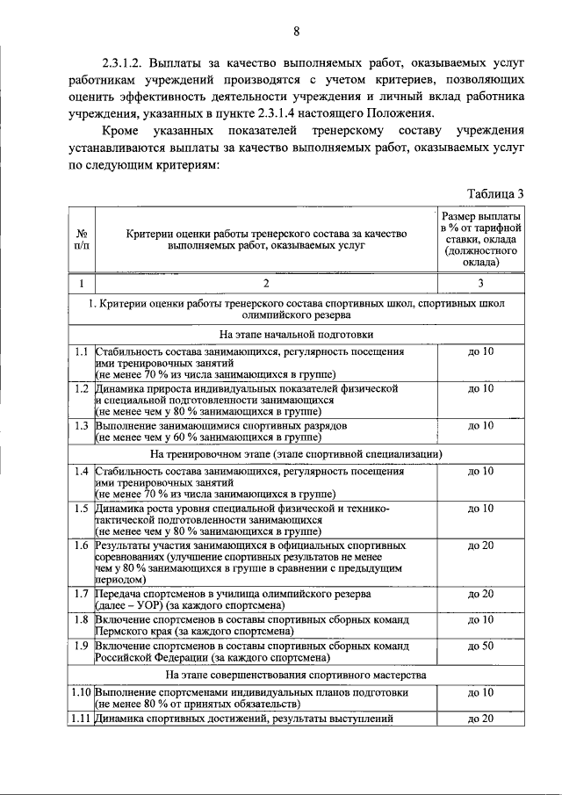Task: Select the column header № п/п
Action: [x=81, y=241]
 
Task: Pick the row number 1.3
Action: [x=81, y=425]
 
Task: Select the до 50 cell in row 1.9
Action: [x=480, y=647]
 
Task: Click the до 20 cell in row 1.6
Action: [x=480, y=546]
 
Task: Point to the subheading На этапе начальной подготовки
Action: [x=271, y=334]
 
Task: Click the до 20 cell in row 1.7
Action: [x=480, y=595]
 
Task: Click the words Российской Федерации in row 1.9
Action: [x=150, y=658]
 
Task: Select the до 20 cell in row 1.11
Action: [x=480, y=719]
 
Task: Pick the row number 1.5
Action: [x=81, y=509]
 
